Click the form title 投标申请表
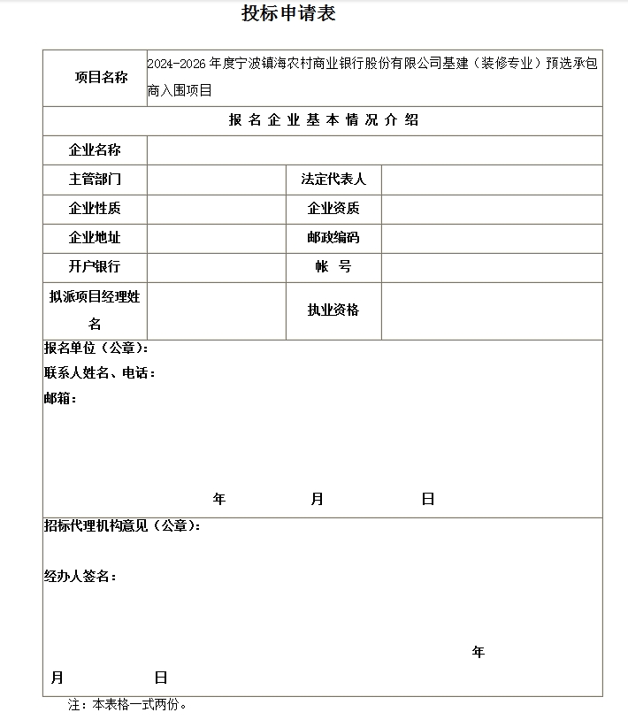click(288, 14)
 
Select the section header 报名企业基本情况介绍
click(323, 121)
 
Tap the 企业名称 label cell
click(95, 149)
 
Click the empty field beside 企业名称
click(374, 149)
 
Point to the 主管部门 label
click(95, 180)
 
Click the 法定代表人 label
click(333, 180)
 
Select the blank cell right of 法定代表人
click(491, 180)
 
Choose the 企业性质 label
click(95, 209)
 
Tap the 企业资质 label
click(333, 209)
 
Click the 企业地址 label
click(95, 238)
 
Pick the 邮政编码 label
click(333, 238)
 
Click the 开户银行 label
click(95, 267)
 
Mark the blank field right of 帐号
click(491, 267)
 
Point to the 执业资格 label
click(333, 310)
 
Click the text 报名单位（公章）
click(96, 348)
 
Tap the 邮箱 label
click(59, 399)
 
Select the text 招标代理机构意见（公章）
click(122, 526)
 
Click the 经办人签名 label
click(80, 577)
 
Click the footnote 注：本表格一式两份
click(128, 705)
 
